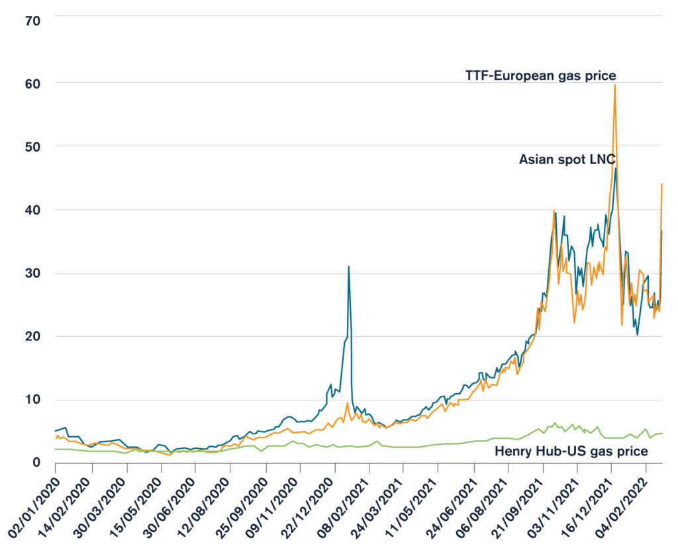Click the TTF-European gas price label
point(540,75)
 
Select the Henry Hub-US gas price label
point(571,451)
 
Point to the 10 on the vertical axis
point(33,400)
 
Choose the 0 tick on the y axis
point(37,463)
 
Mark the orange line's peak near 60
point(614,85)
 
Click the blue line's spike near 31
point(348,267)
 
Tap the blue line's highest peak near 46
point(616,168)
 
